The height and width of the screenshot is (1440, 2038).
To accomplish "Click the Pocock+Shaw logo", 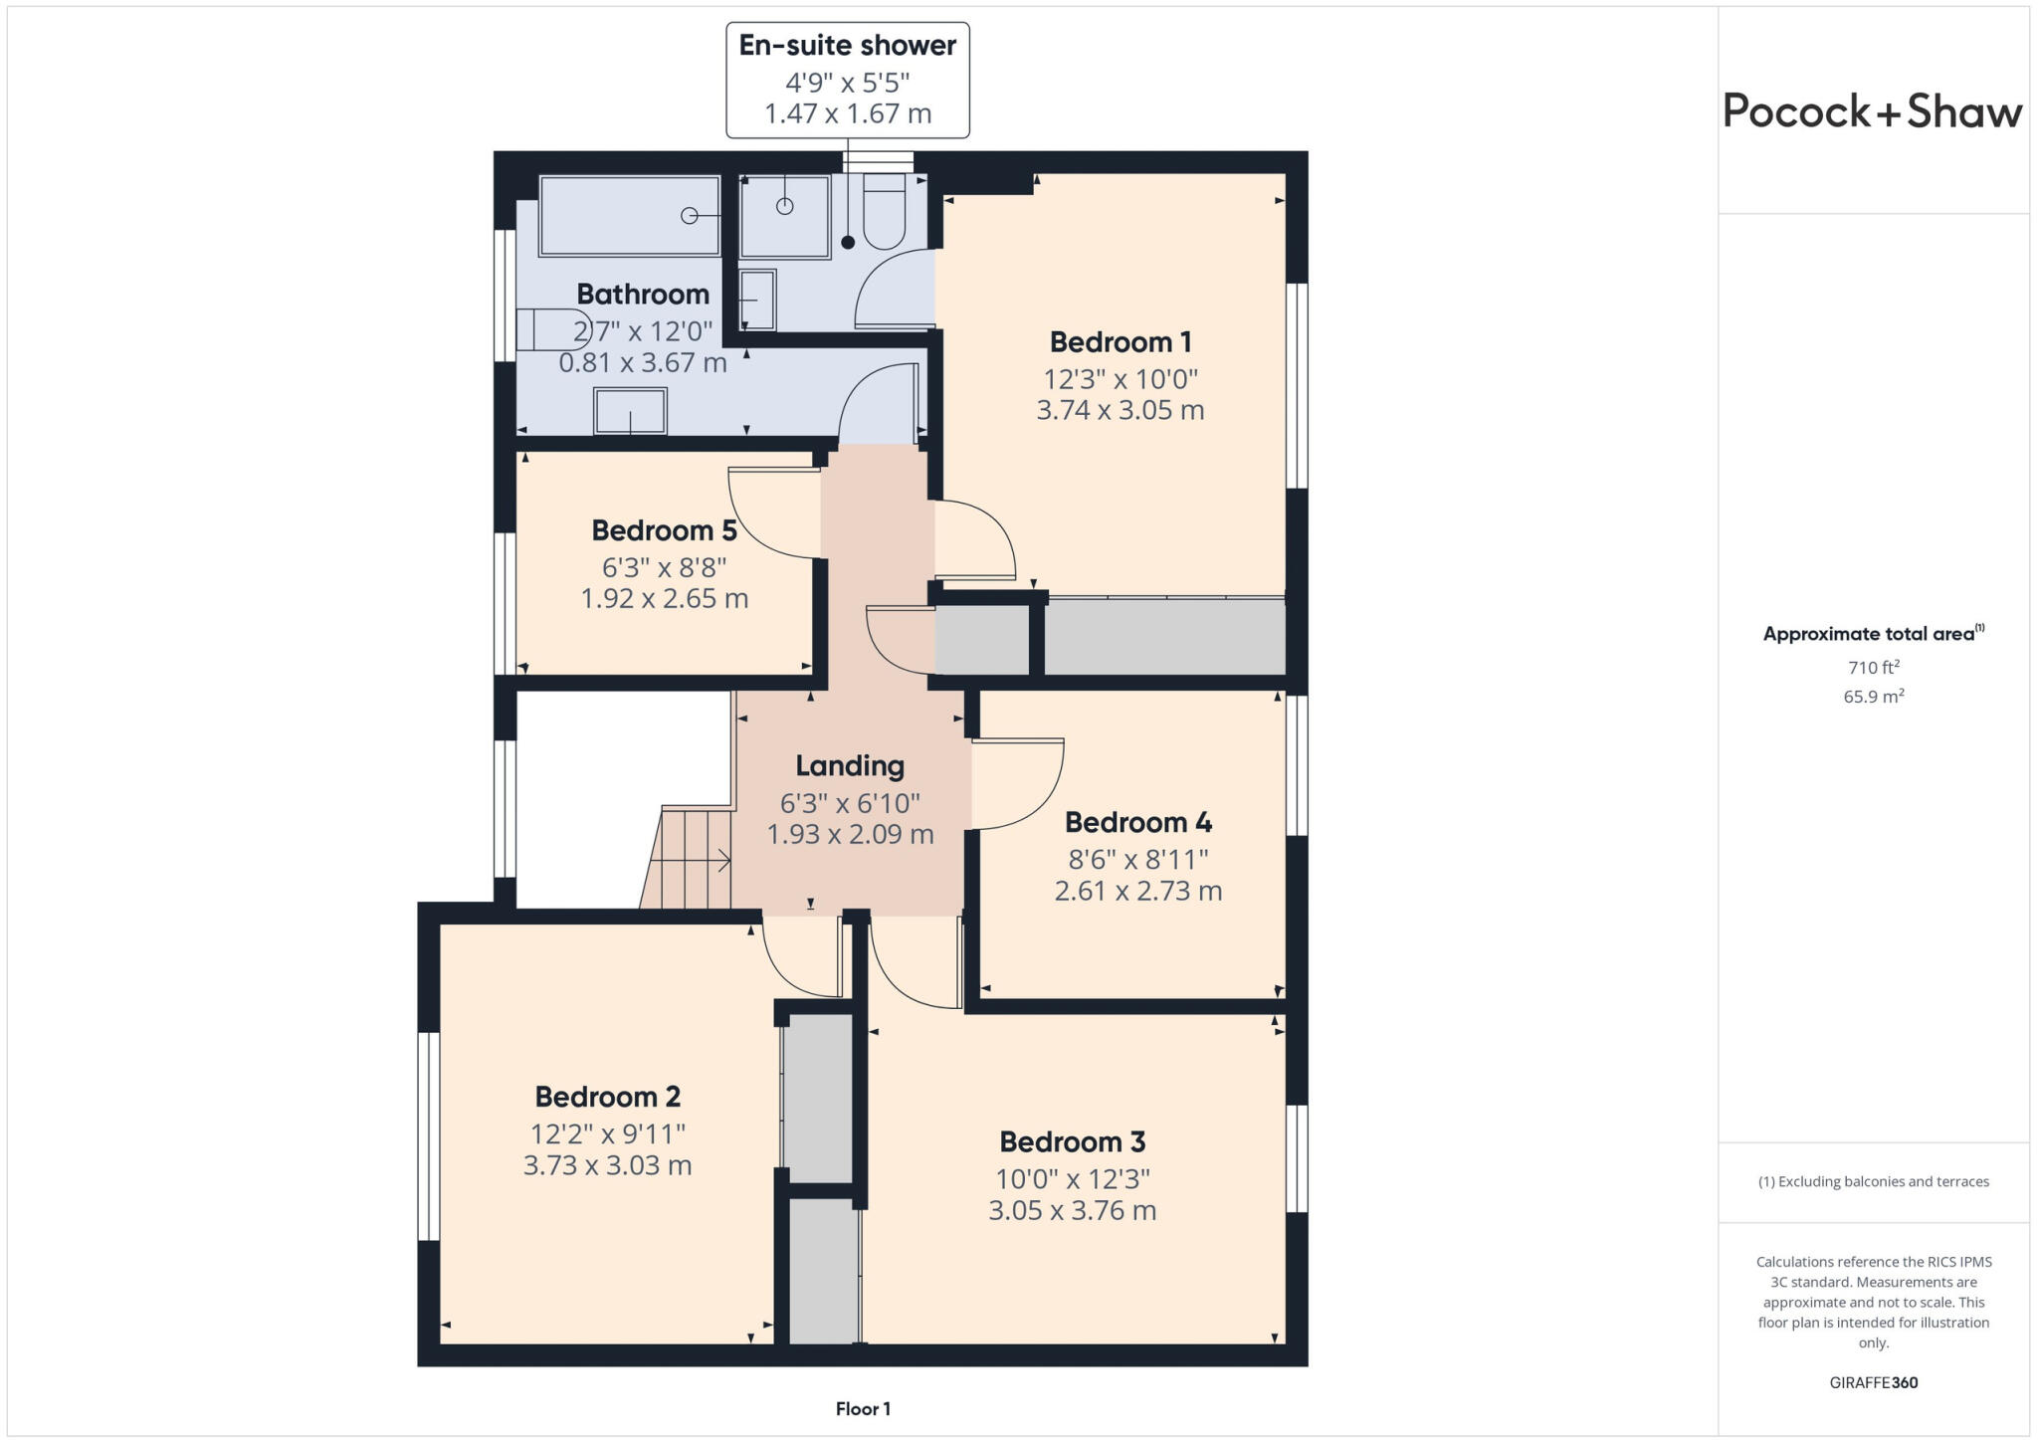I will point(1872,111).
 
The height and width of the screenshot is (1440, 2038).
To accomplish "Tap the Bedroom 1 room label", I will point(1121,342).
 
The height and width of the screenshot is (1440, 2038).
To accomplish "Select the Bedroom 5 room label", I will point(664,530).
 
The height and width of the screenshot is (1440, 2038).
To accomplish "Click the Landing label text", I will point(850,765).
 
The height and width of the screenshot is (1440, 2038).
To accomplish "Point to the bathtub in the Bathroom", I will point(629,216).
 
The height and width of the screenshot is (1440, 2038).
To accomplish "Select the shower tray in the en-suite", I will point(785,217).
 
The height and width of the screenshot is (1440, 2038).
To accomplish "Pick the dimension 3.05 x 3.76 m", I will point(1072,1211).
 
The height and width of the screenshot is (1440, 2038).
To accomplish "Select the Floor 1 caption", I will point(863,1409).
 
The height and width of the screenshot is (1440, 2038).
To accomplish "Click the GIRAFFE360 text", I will point(1873,1382).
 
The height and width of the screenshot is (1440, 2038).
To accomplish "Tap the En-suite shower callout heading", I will point(847,46).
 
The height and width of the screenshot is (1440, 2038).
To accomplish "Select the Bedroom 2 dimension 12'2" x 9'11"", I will point(607,1133).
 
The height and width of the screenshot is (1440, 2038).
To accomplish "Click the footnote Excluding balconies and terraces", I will point(1873,1182).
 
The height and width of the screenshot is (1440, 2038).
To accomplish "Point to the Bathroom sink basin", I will point(630,411).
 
